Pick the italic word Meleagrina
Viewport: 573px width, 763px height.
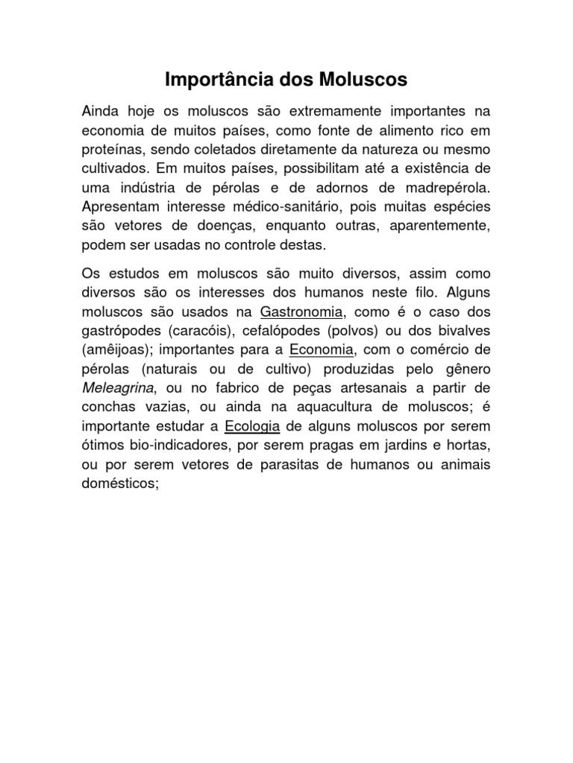pos(117,387)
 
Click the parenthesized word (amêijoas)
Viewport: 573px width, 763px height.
pos(115,348)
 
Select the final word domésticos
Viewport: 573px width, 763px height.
pos(119,484)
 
